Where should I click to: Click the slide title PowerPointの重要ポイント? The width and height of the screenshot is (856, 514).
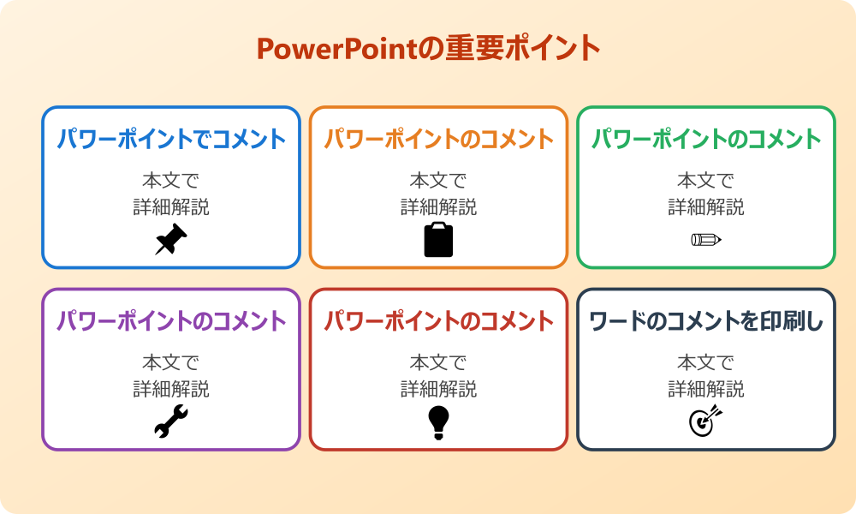(428, 49)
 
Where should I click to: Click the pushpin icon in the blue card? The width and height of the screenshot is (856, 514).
(171, 240)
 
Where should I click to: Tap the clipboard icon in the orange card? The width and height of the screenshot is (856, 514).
(438, 240)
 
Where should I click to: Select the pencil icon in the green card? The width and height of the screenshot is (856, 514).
(706, 239)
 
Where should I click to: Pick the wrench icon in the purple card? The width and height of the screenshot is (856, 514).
(171, 422)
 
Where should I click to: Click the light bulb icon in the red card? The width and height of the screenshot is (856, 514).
(438, 422)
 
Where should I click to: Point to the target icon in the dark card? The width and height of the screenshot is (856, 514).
(706, 421)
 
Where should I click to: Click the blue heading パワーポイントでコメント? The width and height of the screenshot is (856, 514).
(171, 139)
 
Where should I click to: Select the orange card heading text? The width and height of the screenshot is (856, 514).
(438, 139)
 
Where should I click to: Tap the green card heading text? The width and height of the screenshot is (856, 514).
(706, 139)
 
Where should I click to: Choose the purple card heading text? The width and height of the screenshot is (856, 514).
(171, 322)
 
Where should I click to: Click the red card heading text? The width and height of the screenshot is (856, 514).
(438, 322)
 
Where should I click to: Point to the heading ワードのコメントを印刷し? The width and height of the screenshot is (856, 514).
(706, 322)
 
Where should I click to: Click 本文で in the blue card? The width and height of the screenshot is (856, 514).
(171, 181)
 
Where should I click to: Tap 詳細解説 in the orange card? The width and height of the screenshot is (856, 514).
(438, 207)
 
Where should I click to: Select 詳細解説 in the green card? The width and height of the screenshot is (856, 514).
(706, 207)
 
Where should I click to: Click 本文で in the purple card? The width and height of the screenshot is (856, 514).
(171, 363)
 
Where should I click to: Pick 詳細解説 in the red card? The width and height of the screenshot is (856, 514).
(438, 390)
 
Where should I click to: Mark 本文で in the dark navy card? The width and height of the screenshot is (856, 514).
(706, 363)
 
